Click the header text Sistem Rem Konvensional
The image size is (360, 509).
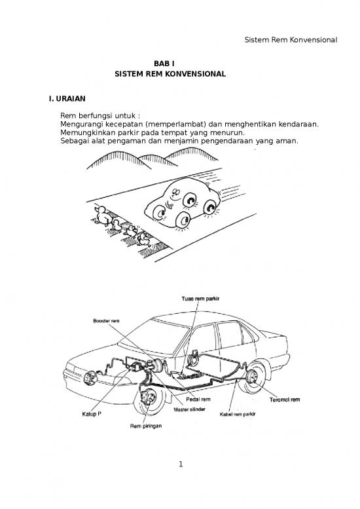290,40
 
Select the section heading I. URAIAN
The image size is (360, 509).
63,99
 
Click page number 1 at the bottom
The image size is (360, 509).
179,465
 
